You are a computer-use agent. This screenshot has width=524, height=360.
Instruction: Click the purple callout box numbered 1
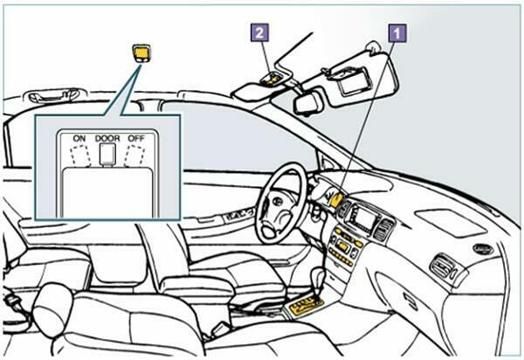click(x=397, y=33)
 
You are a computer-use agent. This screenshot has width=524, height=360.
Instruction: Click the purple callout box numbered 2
click(x=259, y=32)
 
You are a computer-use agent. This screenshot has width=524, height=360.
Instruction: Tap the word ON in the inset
click(x=79, y=138)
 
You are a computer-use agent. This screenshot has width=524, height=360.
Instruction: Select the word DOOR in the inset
click(x=107, y=138)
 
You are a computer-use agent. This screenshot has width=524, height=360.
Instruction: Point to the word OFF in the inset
click(x=136, y=138)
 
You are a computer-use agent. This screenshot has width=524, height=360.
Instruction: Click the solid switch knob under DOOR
click(x=107, y=155)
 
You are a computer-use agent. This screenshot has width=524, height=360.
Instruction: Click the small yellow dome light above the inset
click(x=141, y=53)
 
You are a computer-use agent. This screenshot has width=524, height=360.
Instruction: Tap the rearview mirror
click(x=307, y=101)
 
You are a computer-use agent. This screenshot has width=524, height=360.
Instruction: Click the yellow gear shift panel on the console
click(x=305, y=305)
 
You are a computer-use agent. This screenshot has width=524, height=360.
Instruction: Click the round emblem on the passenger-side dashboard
click(x=483, y=249)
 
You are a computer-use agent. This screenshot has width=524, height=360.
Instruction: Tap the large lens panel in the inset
click(x=107, y=193)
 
